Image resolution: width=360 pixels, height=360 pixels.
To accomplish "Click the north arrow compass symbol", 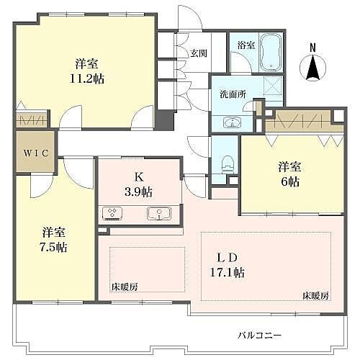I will click(x=313, y=69).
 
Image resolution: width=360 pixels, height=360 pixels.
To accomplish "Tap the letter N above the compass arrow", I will click(x=312, y=48).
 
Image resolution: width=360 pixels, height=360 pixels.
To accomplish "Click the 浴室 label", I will click(x=246, y=45).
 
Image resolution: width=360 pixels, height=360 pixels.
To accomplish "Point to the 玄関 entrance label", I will click(x=199, y=53).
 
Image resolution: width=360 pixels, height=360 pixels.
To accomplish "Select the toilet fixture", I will click(x=229, y=161).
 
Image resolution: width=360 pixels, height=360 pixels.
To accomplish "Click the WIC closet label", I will click(x=34, y=153).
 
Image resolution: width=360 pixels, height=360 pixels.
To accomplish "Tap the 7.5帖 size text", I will click(x=54, y=247).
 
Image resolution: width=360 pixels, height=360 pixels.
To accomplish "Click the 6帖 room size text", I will click(x=289, y=181).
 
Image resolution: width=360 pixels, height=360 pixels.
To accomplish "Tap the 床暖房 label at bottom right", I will click(x=315, y=296).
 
